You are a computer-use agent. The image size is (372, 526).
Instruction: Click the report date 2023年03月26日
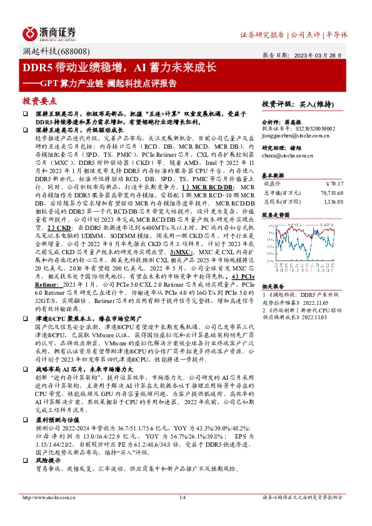(326, 54)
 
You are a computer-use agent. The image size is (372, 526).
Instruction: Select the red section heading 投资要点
(39, 100)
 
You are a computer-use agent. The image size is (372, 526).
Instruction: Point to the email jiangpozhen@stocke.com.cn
(291, 135)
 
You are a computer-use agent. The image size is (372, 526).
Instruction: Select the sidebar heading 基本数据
(273, 174)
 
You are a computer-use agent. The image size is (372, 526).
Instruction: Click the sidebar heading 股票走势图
(275, 214)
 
